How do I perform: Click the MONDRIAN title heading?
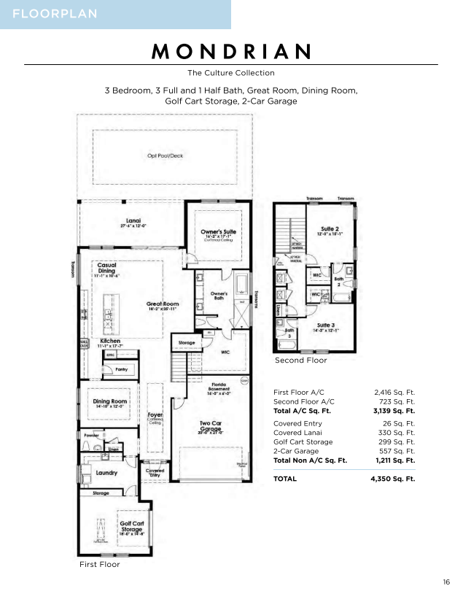tap(231, 51)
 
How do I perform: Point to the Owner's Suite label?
tap(218, 232)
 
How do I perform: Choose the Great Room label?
tap(162, 304)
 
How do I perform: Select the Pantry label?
tap(122, 370)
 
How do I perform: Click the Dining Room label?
tap(110, 401)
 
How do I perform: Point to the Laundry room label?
tap(106, 472)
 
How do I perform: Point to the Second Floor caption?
tap(300, 360)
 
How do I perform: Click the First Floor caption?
tap(99, 564)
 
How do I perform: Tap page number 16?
tap(446, 582)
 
